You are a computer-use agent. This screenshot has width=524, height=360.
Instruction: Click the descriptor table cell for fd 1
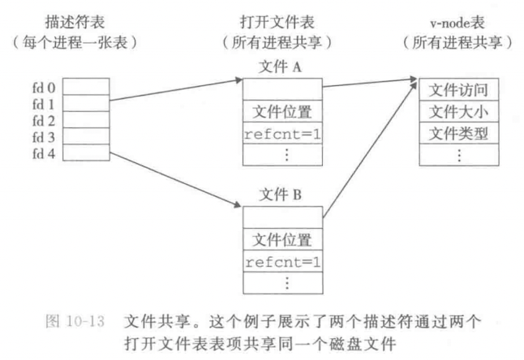84,103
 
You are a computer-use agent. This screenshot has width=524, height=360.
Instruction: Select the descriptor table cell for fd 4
84,152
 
